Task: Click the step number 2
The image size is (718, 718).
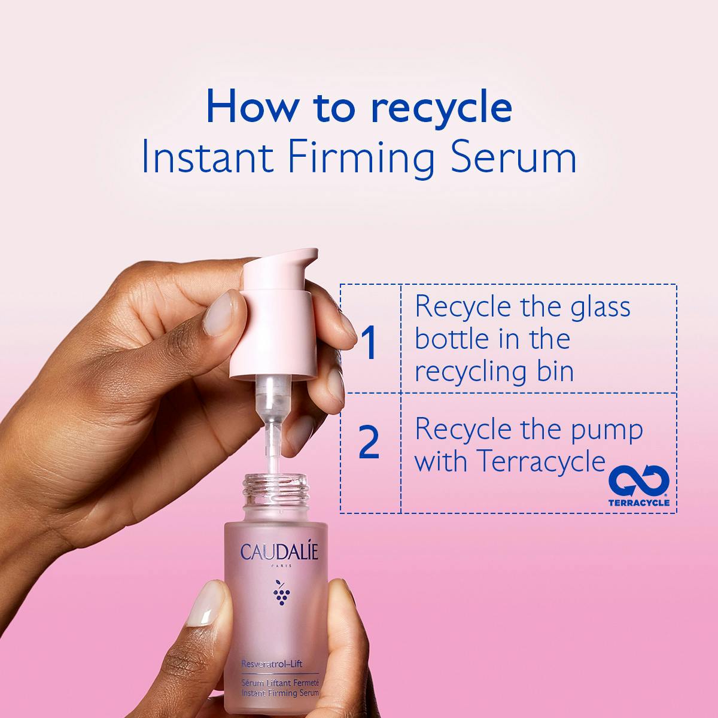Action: click(x=369, y=443)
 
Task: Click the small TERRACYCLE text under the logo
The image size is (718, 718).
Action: click(x=638, y=503)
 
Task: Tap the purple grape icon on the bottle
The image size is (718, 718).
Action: click(x=279, y=591)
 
